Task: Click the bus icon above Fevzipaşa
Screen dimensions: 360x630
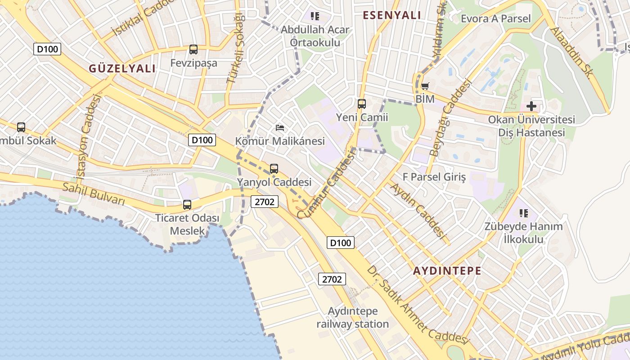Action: [193, 49]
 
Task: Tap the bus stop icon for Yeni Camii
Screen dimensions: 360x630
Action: [361, 104]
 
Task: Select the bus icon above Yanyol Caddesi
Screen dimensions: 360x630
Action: [274, 169]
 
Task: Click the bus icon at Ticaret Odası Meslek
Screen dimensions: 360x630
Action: [187, 205]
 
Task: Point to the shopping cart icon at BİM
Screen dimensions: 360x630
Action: [424, 85]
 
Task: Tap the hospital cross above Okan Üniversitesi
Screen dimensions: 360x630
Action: [531, 106]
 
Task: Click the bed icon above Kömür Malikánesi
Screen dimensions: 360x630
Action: [280, 128]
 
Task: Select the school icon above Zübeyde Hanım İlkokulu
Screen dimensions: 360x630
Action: [523, 213]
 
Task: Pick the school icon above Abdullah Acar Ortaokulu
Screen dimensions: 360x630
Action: [315, 17]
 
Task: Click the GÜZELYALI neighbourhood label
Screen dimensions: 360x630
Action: [122, 68]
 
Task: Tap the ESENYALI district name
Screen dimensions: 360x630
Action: [392, 15]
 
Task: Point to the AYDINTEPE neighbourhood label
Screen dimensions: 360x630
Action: [447, 271]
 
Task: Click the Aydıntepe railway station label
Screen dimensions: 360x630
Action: [352, 318]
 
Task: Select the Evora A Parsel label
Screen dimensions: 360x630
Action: [496, 18]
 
